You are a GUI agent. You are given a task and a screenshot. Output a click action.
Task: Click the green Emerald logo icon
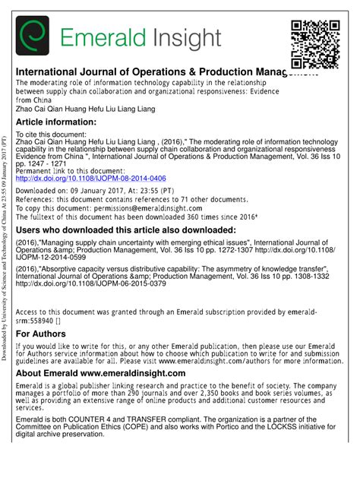(33, 36)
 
